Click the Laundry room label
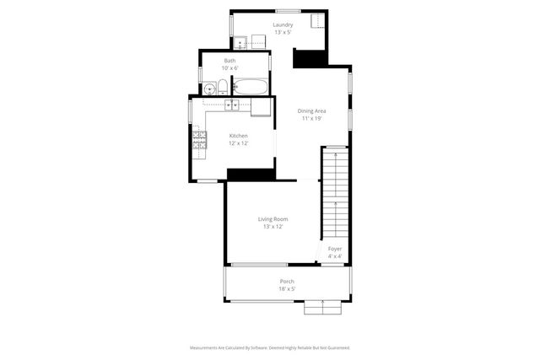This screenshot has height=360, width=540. (282, 25)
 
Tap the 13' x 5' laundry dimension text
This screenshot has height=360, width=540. (282, 33)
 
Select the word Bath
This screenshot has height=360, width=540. (229, 61)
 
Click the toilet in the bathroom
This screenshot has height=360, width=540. (222, 86)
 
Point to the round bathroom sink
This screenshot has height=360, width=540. (208, 87)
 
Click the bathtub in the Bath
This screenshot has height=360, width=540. (251, 86)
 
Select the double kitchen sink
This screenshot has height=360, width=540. (232, 105)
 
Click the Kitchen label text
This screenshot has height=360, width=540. (239, 136)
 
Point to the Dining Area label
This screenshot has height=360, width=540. (311, 111)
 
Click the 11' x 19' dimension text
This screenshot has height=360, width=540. (311, 119)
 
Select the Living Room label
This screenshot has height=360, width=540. (273, 219)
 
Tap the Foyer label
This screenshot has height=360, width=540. (335, 250)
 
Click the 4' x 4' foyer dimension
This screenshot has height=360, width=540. (335, 256)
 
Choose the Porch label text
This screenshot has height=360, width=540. (287, 282)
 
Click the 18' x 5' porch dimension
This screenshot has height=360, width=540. (287, 289)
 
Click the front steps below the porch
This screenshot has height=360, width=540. (324, 308)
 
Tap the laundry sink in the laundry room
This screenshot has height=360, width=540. (240, 41)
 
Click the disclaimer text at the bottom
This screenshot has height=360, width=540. (269, 347)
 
